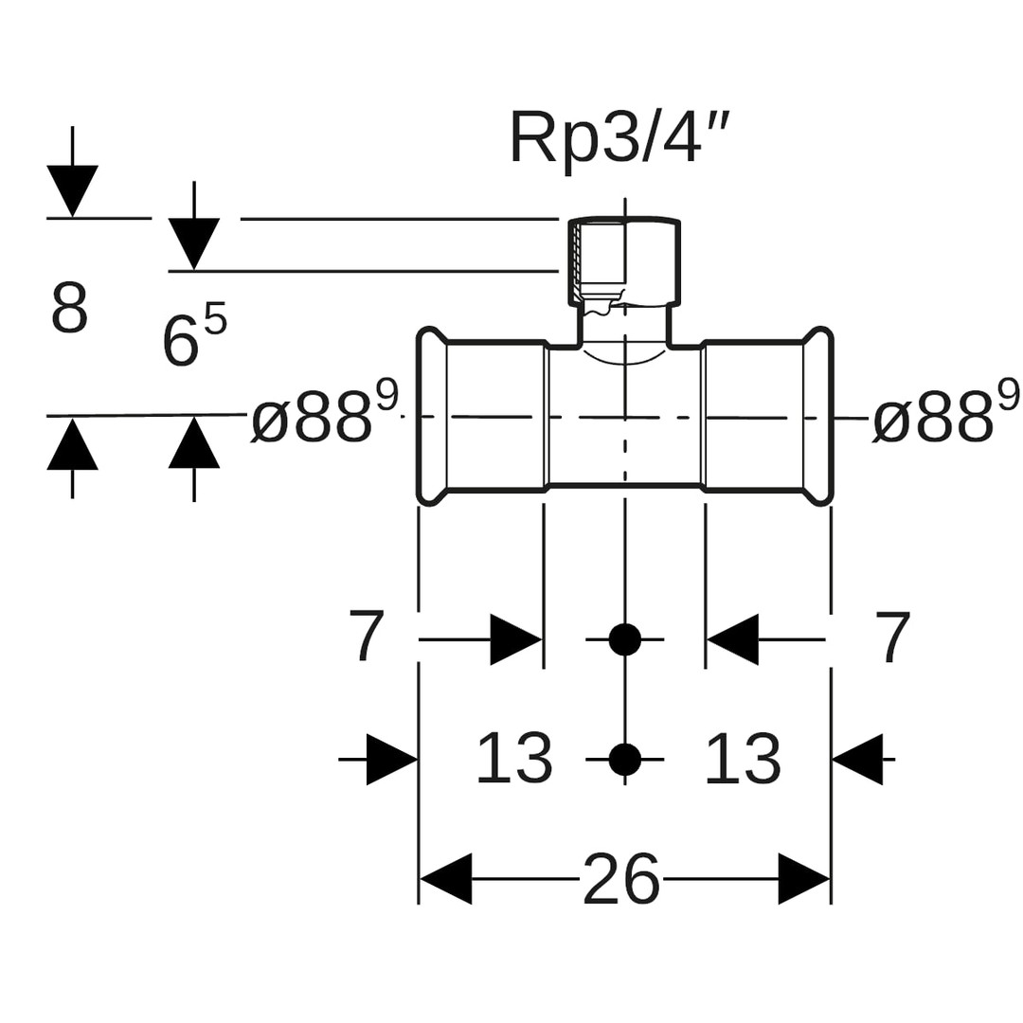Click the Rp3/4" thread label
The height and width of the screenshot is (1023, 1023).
tap(619, 138)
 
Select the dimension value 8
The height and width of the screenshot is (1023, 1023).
tap(69, 309)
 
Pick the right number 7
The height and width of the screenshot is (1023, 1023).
tap(892, 637)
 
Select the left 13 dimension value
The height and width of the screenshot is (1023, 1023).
tap(513, 758)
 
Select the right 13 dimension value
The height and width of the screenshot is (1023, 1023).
tap(742, 758)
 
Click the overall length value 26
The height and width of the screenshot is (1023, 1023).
tap(620, 879)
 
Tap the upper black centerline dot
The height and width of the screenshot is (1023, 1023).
tap(624, 640)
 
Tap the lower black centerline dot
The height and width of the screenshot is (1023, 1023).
tap(624, 759)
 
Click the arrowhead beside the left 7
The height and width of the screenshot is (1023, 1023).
tap(515, 640)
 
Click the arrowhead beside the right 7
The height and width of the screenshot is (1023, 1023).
tap(733, 640)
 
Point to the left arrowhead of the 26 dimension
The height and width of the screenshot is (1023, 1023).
tap(445, 879)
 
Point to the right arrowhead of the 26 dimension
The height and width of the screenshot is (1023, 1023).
tap(804, 879)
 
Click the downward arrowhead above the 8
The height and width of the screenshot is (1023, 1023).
tap(72, 190)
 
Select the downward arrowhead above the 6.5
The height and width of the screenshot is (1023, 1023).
tap(194, 243)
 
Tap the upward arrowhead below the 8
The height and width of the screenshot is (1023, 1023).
tap(72, 444)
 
